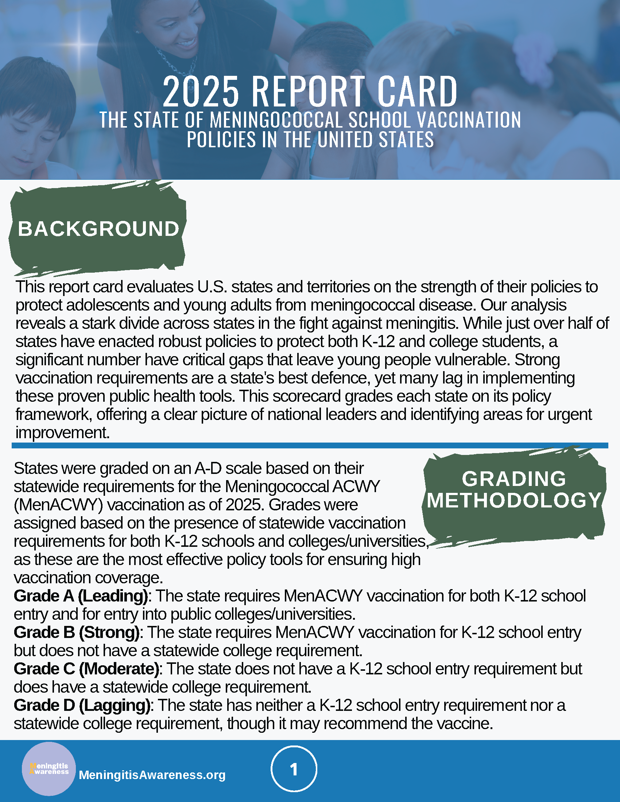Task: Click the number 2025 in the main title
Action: pos(201,92)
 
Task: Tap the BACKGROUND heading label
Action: pos(98,229)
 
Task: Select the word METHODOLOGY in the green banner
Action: pos(514,500)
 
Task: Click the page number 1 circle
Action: pos(294,769)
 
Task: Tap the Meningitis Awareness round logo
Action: pos(49,768)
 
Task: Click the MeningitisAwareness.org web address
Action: pos(152,775)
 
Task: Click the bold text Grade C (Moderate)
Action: pos(86,669)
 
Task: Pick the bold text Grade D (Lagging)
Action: pos(82,705)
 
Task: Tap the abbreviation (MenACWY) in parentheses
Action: pos(58,505)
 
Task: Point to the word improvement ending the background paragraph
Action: pos(62,433)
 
